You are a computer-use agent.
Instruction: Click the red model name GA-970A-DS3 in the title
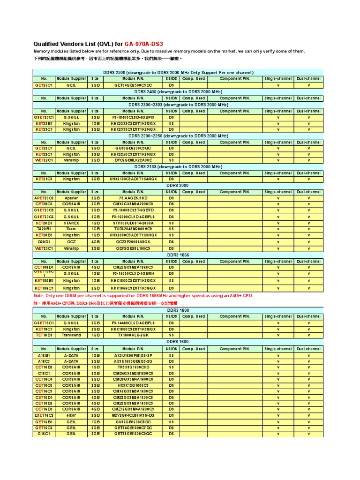point(143,44)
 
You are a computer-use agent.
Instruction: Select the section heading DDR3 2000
point(178,186)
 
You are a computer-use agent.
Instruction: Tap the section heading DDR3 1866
point(178,255)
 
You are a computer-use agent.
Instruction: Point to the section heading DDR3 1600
point(178,342)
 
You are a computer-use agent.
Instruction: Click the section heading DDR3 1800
point(178,310)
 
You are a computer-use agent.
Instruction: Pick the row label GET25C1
point(44,86)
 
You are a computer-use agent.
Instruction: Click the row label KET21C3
point(44,179)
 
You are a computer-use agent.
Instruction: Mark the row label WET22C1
point(44,160)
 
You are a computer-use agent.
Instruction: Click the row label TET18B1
point(44,335)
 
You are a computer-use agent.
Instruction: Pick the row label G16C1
point(44,434)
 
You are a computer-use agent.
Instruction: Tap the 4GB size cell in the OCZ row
point(95,242)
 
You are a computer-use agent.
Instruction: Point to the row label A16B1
point(44,356)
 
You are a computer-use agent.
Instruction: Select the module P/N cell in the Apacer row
point(133,198)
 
